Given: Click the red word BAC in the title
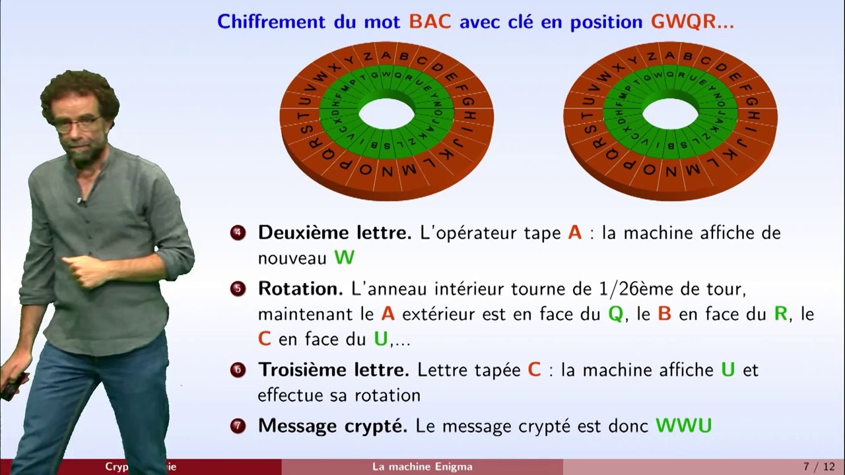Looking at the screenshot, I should tap(430, 22).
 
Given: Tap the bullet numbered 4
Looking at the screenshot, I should tap(238, 233).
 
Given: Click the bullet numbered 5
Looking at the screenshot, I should tap(238, 289).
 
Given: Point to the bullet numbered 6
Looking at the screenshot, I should tap(238, 370).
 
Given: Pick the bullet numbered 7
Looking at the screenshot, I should tap(238, 426).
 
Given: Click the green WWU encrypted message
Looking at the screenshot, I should tap(683, 426).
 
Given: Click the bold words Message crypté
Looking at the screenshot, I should tap(333, 426).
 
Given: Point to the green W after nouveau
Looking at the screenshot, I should tap(344, 257).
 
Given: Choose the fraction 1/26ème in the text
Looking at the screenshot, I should tap(621, 289).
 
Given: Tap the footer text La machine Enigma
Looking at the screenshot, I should tap(422, 467).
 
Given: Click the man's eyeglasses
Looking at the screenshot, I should tap(78, 123).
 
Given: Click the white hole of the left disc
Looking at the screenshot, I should tap(387, 114).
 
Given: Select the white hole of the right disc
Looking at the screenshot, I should tap(670, 114).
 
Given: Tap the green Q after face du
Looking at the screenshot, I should tap(615, 314).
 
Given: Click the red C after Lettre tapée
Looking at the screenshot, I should tap(534, 370).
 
